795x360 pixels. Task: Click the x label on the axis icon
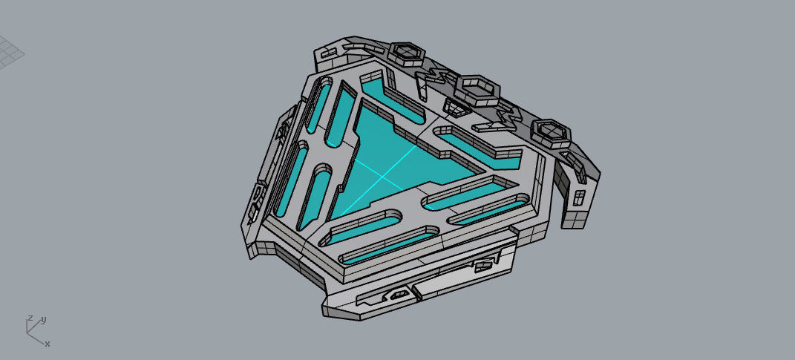(x=48, y=344)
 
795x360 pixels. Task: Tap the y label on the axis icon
(x=44, y=320)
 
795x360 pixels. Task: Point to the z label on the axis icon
(x=29, y=318)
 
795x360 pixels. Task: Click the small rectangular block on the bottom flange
(x=485, y=261)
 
